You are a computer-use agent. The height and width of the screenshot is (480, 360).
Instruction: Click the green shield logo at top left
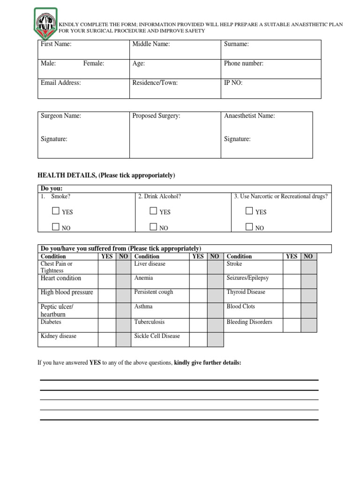(45, 22)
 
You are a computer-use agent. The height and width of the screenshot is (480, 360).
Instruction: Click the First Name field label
(56, 44)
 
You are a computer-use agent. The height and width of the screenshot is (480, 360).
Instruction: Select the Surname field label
(236, 44)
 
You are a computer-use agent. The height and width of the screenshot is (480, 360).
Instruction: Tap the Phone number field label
(244, 63)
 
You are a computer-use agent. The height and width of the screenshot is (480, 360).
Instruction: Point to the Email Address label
(61, 82)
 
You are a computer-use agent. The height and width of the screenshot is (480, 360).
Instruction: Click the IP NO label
(233, 82)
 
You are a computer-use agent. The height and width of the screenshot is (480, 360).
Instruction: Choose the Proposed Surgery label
(156, 116)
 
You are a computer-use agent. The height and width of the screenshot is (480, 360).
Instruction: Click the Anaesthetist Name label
(249, 116)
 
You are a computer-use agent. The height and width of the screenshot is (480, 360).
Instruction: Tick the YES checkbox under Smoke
(56, 211)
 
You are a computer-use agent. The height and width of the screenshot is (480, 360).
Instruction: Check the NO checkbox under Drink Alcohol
(153, 227)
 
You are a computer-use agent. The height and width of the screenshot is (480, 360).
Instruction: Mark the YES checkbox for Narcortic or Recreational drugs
(249, 211)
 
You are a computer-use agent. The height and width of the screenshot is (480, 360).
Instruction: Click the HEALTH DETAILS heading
(106, 175)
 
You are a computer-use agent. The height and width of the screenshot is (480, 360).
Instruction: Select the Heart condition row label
(61, 278)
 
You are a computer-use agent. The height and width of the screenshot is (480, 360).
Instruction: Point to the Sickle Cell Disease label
(157, 336)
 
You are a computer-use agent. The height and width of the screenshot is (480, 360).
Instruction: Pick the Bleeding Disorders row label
(249, 322)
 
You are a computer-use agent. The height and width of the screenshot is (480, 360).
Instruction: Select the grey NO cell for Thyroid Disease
(308, 295)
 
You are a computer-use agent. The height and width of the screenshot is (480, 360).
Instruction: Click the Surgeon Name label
(61, 116)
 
